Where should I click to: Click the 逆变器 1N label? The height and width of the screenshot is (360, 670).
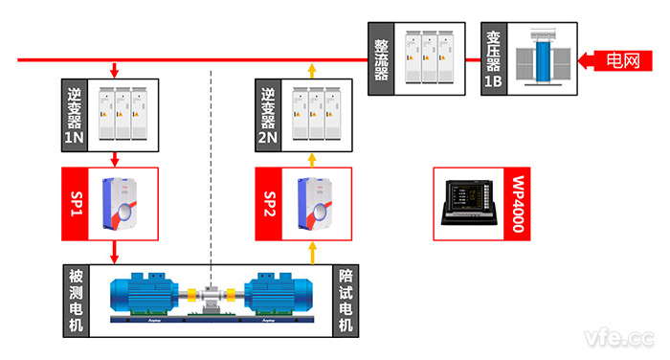pos(74,114)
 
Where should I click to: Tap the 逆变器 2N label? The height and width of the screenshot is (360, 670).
pos(269,114)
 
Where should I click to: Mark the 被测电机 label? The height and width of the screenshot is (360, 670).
pos(74,299)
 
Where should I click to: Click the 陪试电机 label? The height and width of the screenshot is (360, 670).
pos(346,299)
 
